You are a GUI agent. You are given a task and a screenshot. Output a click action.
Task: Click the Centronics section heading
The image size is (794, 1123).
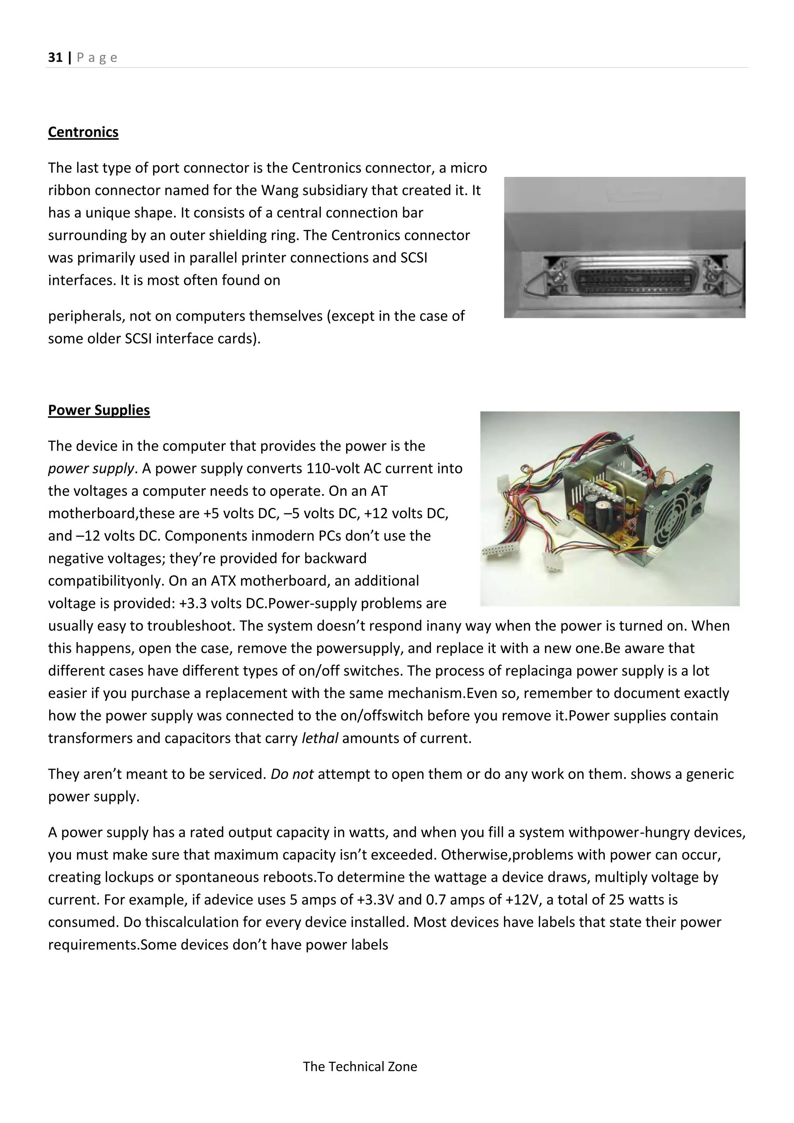click(83, 132)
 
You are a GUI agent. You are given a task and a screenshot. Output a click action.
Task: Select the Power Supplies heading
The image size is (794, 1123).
click(99, 410)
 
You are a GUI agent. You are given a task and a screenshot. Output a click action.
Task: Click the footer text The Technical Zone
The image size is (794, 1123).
click(360, 1066)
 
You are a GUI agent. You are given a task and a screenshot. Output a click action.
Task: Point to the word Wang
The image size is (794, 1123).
click(280, 190)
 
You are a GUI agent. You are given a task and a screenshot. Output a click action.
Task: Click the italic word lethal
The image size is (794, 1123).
click(320, 738)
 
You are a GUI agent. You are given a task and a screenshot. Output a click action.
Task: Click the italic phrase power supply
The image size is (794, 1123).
click(90, 468)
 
